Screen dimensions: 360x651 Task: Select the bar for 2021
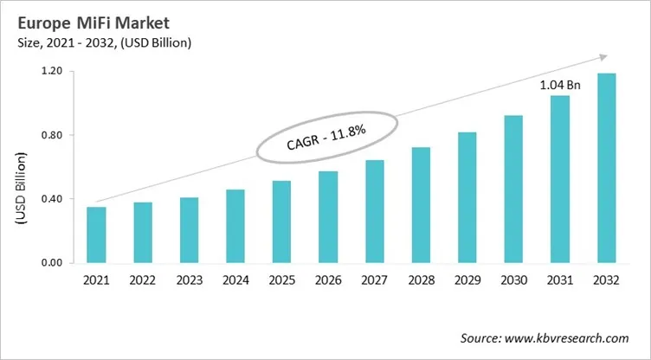point(96,235)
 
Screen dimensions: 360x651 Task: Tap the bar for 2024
point(235,226)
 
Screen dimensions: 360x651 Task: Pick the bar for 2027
point(375,211)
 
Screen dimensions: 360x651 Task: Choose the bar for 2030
point(513,189)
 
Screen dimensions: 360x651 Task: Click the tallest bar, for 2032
point(607,168)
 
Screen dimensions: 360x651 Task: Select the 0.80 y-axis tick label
point(50,135)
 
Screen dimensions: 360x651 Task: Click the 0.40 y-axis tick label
point(50,199)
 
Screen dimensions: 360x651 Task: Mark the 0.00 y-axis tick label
point(50,263)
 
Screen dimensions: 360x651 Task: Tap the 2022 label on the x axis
point(142,280)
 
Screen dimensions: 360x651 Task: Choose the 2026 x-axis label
point(328,280)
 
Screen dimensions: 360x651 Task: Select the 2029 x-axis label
point(467,280)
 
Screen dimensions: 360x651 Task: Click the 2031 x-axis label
point(560,280)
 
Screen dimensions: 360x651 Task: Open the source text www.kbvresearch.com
point(570,338)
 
